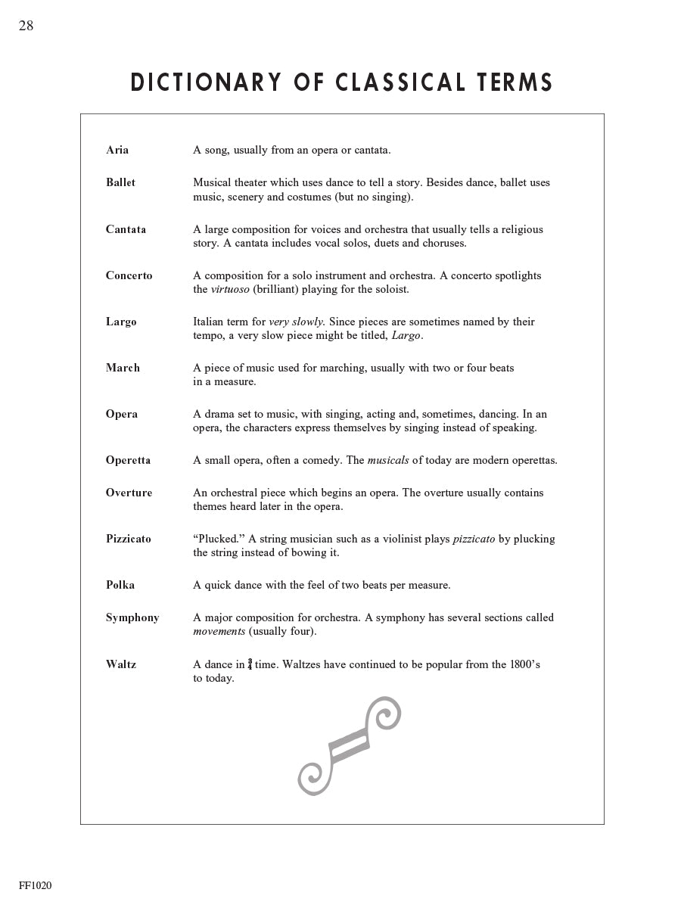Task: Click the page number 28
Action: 26,26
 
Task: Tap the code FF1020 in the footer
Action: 36,885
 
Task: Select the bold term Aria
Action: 117,150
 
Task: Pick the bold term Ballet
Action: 121,182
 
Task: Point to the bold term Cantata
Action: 126,229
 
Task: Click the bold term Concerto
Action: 129,275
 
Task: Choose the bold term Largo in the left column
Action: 121,322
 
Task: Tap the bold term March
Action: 123,368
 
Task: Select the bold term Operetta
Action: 128,460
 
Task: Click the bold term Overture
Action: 129,493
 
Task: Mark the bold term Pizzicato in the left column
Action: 128,539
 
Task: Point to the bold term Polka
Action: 120,585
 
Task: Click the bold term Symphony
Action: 132,618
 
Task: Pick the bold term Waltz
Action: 121,664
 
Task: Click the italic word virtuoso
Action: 230,289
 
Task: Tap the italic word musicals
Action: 388,460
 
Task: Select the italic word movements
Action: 219,631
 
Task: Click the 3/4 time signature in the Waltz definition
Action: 250,664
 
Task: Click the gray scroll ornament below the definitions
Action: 349,745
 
